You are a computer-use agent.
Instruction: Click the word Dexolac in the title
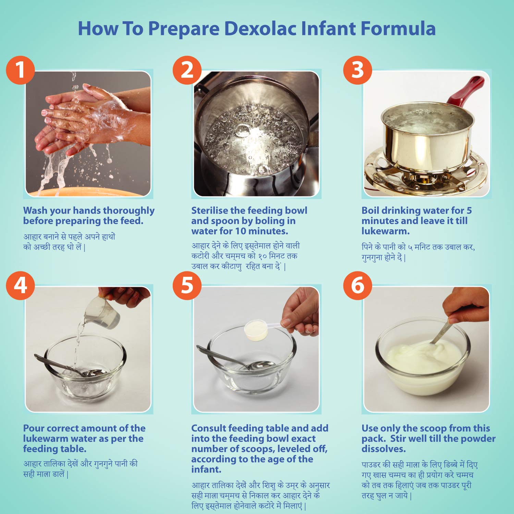[x=260, y=28]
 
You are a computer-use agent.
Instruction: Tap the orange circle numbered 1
[x=21, y=70]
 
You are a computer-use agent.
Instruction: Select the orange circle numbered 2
[x=187, y=70]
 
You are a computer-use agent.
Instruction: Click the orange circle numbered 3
[x=358, y=70]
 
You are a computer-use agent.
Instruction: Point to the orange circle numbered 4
[x=21, y=285]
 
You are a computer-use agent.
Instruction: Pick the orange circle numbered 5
[x=187, y=285]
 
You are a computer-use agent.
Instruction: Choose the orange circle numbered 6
[x=358, y=285]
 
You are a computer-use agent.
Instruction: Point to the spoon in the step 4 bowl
[x=69, y=367]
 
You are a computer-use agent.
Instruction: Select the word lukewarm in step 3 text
[x=385, y=231]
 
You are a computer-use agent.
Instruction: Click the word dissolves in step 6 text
[x=384, y=449]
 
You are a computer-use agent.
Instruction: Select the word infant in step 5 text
[x=206, y=469]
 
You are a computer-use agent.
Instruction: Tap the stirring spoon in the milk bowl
[x=440, y=331]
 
